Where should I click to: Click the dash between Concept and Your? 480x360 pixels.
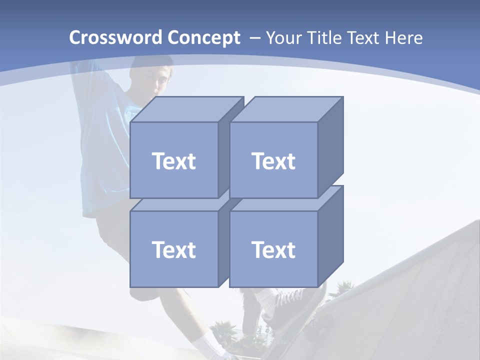click(x=254, y=38)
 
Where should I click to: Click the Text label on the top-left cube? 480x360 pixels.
click(x=174, y=161)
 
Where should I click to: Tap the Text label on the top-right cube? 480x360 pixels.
click(x=273, y=161)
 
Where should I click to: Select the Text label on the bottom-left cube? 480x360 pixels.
click(x=174, y=249)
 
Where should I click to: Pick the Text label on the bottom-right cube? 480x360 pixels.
click(x=273, y=249)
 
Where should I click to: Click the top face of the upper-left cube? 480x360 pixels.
click(x=186, y=109)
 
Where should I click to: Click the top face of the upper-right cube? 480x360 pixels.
click(x=285, y=109)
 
